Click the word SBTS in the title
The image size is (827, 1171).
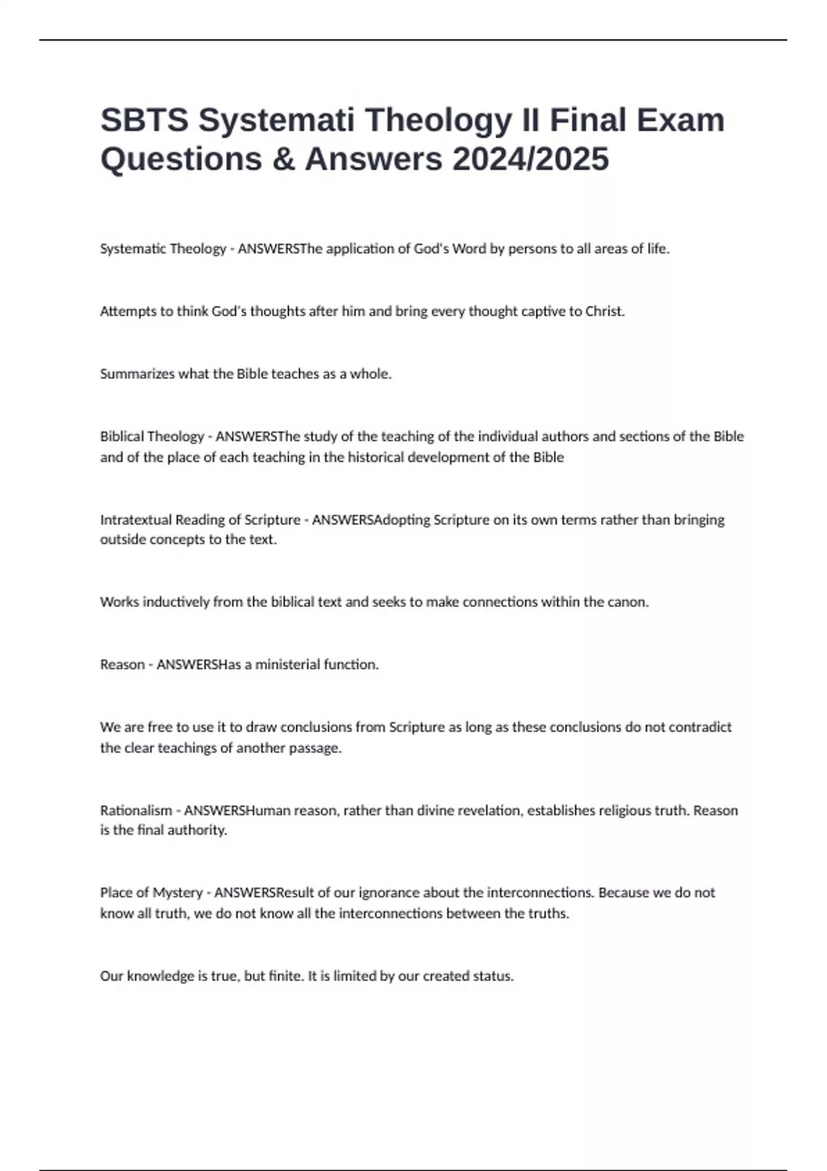click(x=144, y=121)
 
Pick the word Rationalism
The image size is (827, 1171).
click(x=136, y=810)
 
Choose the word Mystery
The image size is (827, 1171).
click(x=177, y=893)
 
